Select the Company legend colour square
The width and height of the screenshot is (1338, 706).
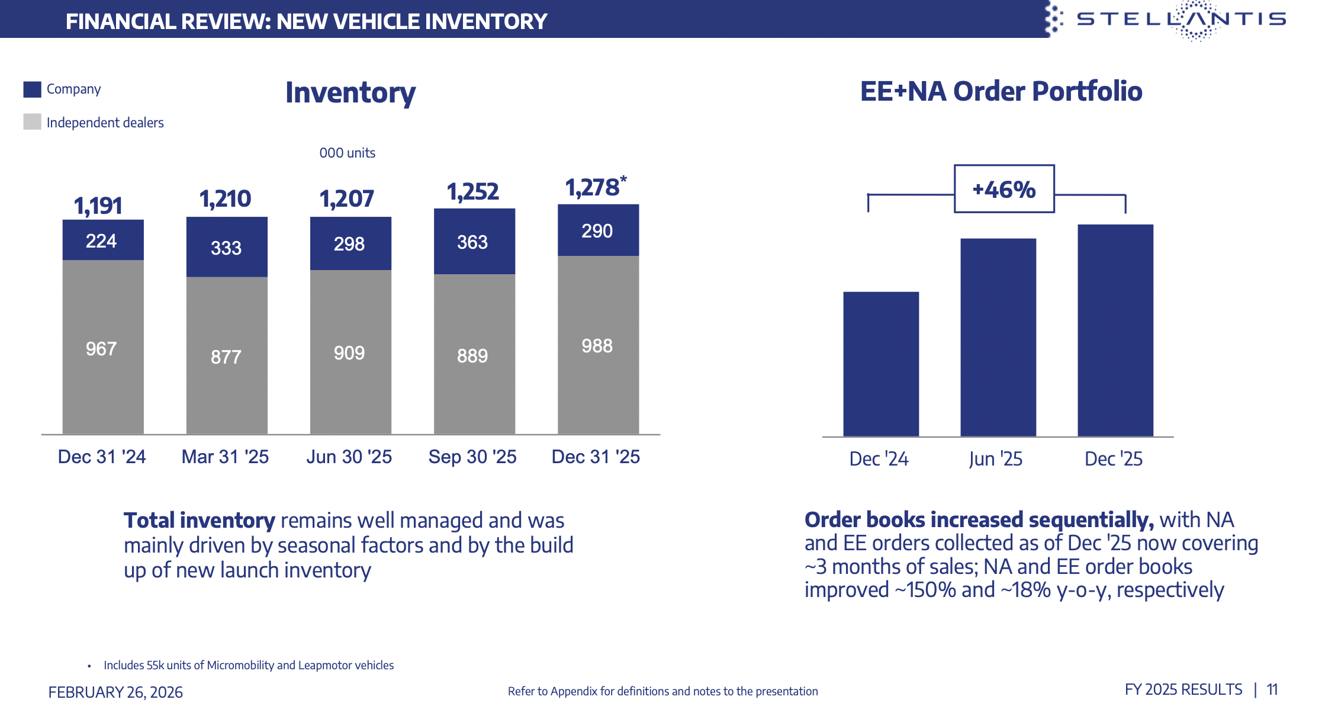coord(32,89)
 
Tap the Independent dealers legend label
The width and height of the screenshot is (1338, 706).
coord(105,123)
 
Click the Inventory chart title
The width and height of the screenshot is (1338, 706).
coord(350,93)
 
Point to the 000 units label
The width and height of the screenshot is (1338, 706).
coord(347,153)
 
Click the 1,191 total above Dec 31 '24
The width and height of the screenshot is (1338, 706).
coord(98,206)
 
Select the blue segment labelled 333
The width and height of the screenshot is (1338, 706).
coord(227,247)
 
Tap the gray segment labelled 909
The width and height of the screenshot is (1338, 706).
coord(350,352)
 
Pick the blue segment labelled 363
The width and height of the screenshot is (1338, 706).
coord(474,242)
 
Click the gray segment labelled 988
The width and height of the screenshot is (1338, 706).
coord(598,345)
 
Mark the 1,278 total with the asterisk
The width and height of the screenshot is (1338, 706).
coord(594,188)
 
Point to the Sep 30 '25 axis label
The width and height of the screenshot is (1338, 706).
coord(472,457)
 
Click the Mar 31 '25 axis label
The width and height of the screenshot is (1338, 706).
coord(225,457)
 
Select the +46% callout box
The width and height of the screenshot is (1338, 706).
coord(1004,189)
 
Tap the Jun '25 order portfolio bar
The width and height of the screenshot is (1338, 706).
coord(998,338)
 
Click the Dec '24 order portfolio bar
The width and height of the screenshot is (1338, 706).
coord(881,364)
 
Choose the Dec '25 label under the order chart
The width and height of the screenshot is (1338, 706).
coord(1113,459)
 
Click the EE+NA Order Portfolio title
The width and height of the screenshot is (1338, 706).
coord(1001,91)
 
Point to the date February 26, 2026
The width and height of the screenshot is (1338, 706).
coord(115,692)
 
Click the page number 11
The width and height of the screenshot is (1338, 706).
coord(1272,689)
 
